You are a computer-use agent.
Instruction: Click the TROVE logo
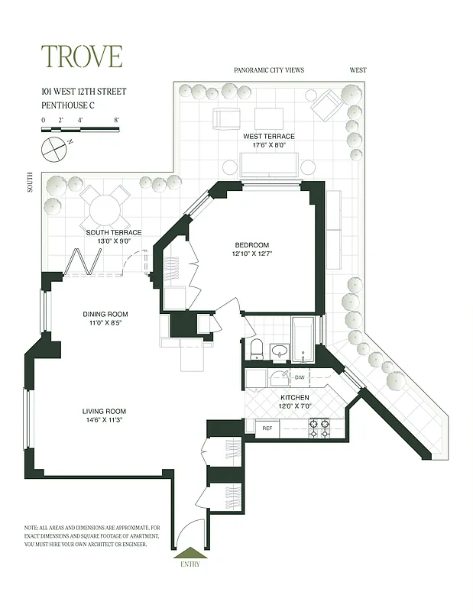[81, 57]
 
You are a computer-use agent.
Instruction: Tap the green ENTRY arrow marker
[189, 554]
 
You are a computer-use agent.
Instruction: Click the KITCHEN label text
[295, 398]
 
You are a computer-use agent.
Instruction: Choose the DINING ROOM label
[105, 314]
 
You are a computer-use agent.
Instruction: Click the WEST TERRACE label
[269, 136]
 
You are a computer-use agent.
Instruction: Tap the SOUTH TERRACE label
[114, 232]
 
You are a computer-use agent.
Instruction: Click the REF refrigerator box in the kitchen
[267, 428]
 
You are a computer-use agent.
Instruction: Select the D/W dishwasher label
[299, 377]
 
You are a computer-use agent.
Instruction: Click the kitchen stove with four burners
[318, 428]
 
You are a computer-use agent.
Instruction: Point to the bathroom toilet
[257, 349]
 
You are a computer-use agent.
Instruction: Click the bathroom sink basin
[280, 352]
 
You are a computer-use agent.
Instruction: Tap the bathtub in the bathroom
[304, 340]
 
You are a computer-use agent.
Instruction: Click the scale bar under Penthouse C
[80, 130]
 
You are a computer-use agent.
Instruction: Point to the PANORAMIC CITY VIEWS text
[269, 70]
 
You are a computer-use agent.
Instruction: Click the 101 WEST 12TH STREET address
[83, 92]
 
